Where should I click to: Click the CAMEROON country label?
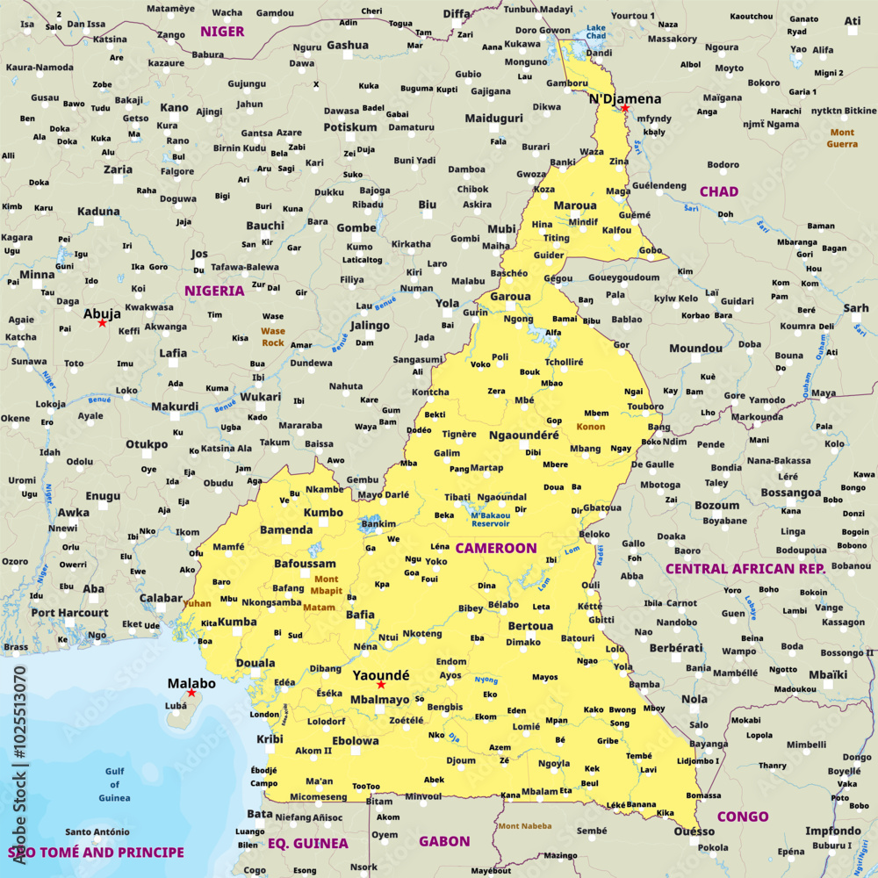[x=495, y=548]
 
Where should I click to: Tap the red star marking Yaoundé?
[x=381, y=685]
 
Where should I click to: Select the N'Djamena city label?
[x=624, y=98]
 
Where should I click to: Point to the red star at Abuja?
[x=102, y=323]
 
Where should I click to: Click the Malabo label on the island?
[x=191, y=683]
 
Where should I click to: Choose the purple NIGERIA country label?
[x=214, y=290]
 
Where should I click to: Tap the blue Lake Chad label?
[x=596, y=32]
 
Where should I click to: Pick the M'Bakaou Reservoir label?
[x=490, y=519]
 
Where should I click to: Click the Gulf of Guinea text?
[x=114, y=784]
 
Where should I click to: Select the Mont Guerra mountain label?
[x=842, y=138]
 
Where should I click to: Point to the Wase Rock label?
[x=273, y=336]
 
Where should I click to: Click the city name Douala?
[x=255, y=663]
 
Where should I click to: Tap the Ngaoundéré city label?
[x=523, y=435]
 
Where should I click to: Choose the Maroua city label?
[x=575, y=205]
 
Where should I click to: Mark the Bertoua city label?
[x=530, y=626]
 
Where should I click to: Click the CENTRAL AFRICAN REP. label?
[x=745, y=569]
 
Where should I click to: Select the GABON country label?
[x=443, y=841]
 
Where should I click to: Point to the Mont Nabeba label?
[x=525, y=825]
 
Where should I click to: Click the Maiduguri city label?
[x=493, y=118]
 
